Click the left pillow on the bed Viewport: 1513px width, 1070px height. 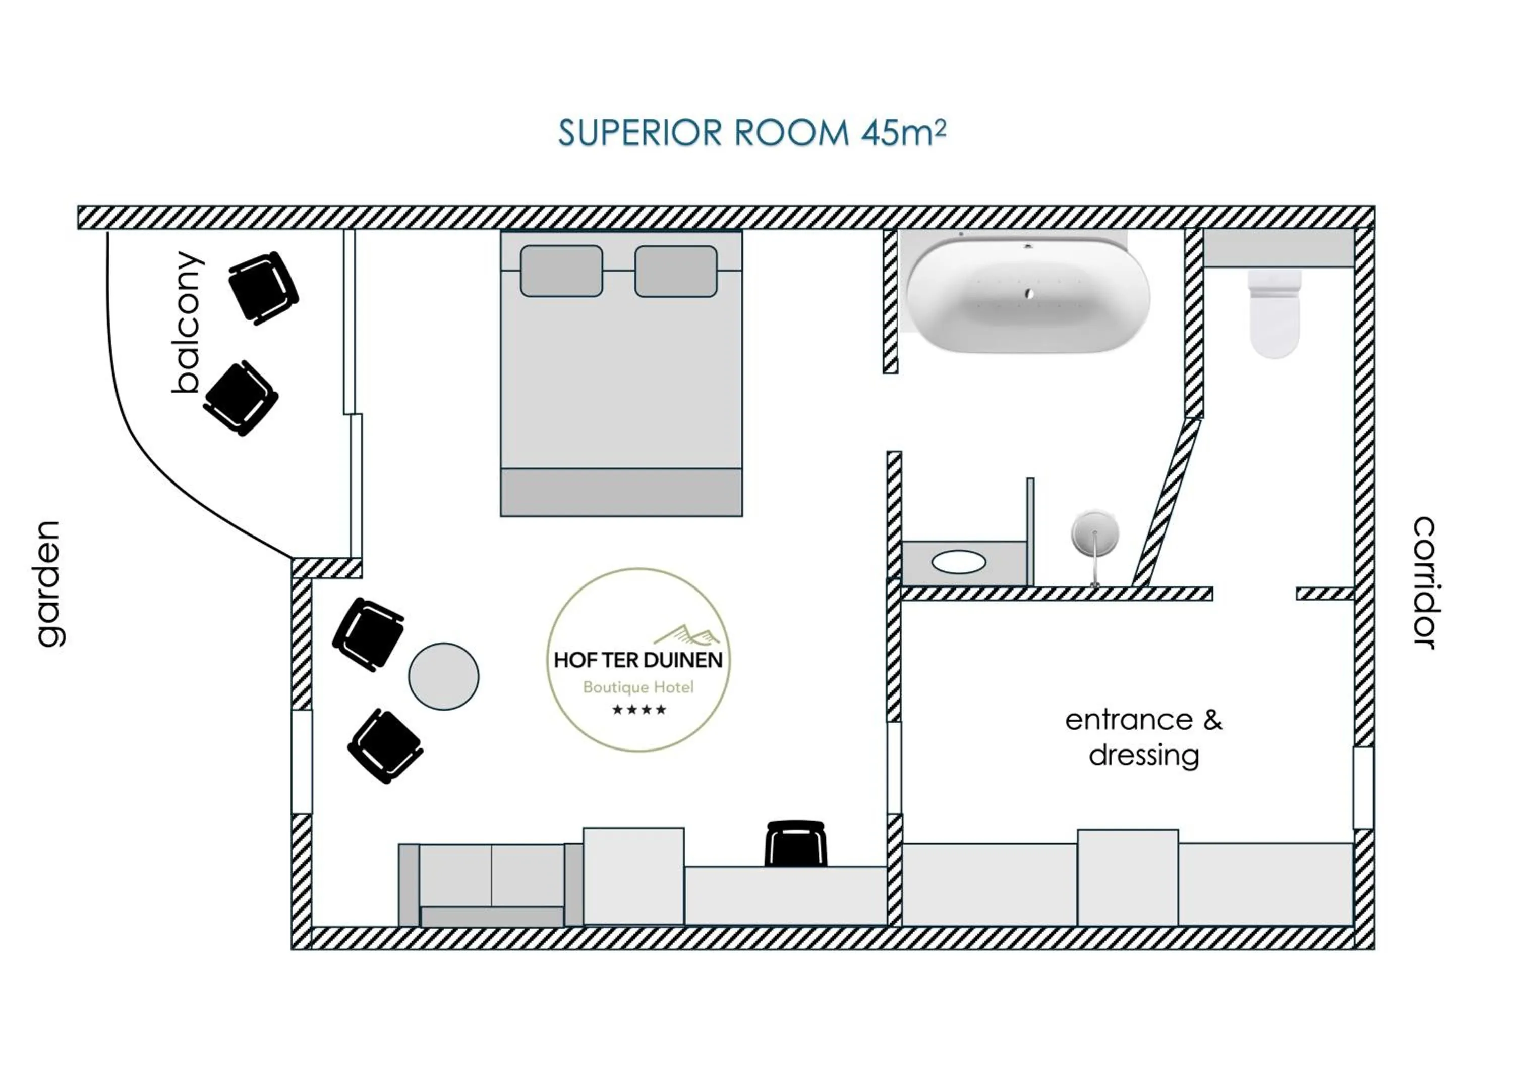click(561, 271)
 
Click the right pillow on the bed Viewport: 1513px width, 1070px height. click(675, 272)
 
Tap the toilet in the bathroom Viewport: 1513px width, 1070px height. click(1274, 313)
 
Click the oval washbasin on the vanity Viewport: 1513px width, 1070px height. click(959, 562)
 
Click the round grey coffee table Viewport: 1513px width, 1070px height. click(443, 676)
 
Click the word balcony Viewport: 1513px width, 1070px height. click(187, 323)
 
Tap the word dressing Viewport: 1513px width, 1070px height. click(1144, 756)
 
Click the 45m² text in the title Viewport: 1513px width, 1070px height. click(903, 133)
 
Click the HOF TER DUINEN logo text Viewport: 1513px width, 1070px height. click(638, 660)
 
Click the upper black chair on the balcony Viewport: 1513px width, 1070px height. click(263, 288)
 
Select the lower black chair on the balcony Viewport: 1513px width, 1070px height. click(241, 398)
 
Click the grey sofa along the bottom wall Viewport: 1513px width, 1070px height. click(491, 884)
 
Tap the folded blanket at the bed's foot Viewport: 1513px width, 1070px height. click(621, 492)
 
